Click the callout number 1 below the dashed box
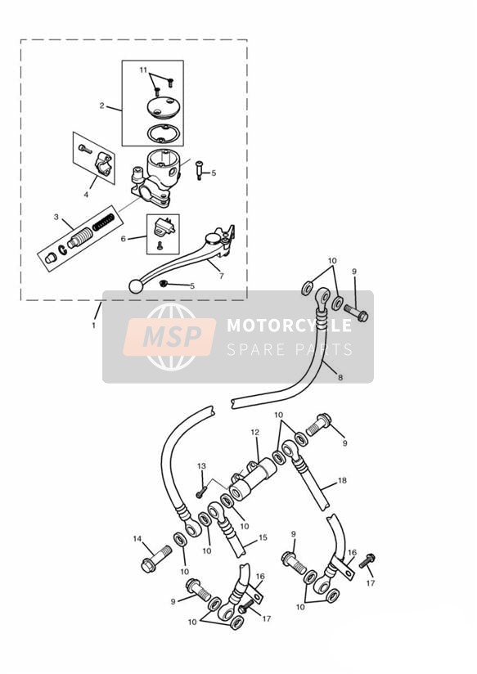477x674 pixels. point(94,326)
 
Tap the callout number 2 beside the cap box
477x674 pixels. point(102,106)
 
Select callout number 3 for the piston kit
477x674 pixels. point(56,217)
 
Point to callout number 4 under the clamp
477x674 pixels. point(86,195)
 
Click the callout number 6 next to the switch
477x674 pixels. point(123,239)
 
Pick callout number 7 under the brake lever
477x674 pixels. point(222,276)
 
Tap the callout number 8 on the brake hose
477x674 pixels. point(340,378)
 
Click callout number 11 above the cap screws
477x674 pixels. point(143,70)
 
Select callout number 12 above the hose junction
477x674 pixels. point(255,432)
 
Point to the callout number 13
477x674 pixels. point(201,466)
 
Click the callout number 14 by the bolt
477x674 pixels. point(137,538)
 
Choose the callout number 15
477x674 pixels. point(263,537)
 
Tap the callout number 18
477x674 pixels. point(342,480)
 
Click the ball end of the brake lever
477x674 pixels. point(136,286)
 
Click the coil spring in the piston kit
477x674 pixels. point(104,221)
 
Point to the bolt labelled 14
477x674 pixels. point(156,559)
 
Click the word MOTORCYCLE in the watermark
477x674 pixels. point(289,325)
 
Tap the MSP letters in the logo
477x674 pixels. point(172,336)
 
